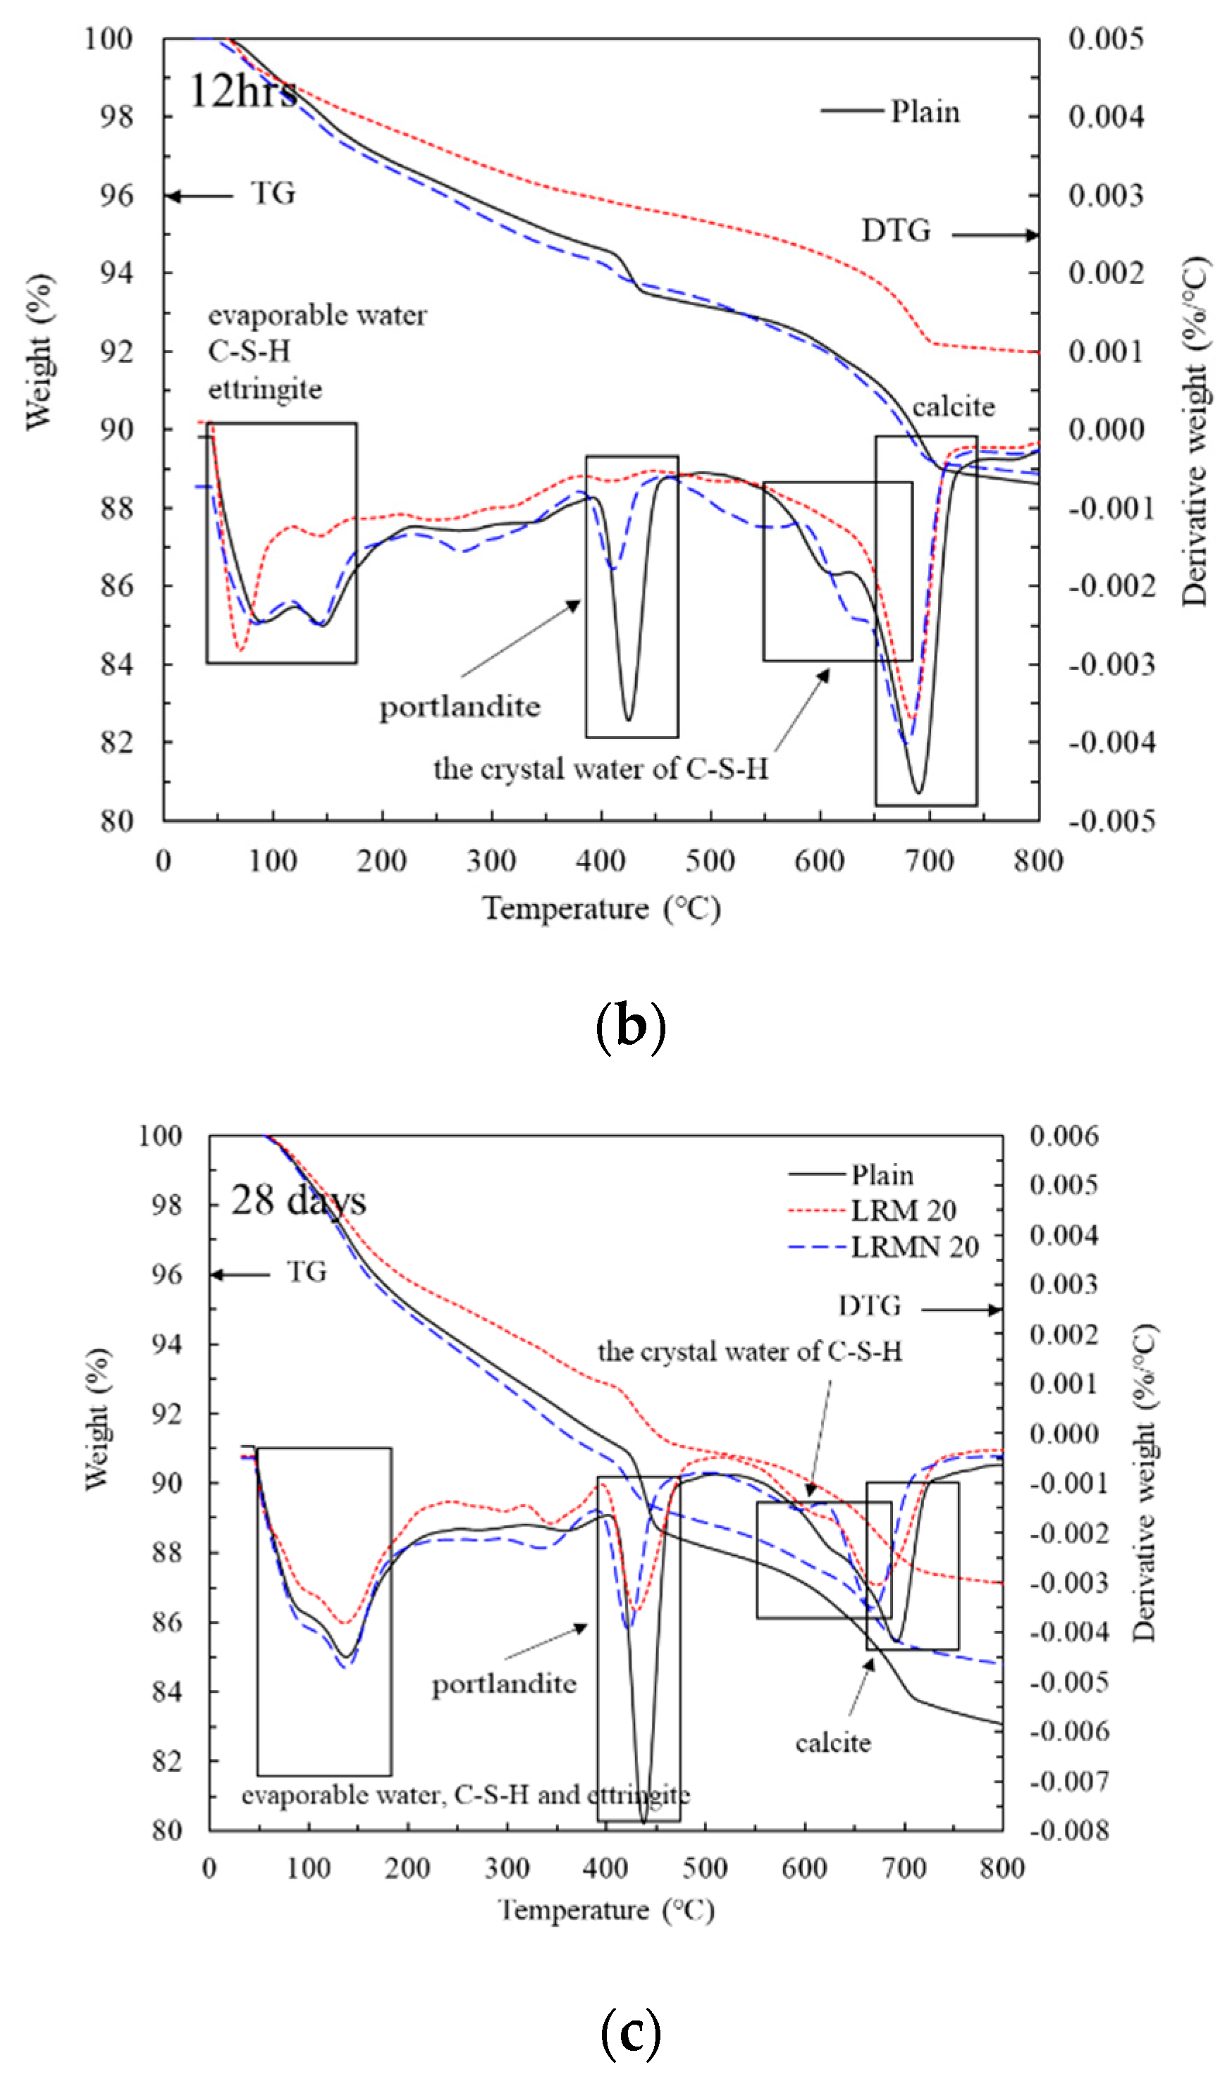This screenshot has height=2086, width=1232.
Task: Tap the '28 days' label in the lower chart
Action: pyautogui.click(x=298, y=1200)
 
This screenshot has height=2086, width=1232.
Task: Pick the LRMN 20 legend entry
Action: pyautogui.click(x=914, y=1246)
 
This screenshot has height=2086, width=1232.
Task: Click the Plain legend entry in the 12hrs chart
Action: pyautogui.click(x=924, y=111)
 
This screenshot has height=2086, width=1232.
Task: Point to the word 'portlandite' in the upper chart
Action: pyautogui.click(x=460, y=707)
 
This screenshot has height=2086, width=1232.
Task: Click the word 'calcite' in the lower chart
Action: pyautogui.click(x=832, y=1742)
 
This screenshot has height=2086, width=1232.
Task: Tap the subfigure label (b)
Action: pyautogui.click(x=631, y=1026)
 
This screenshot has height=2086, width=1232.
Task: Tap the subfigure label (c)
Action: pyautogui.click(x=631, y=2032)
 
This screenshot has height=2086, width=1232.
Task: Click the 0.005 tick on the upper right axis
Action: pyautogui.click(x=1105, y=39)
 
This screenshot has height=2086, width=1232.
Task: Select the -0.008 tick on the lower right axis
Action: pyautogui.click(x=1069, y=1830)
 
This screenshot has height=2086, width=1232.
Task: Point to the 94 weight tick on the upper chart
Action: pyautogui.click(x=116, y=273)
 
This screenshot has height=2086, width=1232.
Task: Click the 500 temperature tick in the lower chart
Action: pyautogui.click(x=705, y=1868)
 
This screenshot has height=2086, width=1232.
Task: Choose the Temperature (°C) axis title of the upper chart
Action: pyautogui.click(x=601, y=909)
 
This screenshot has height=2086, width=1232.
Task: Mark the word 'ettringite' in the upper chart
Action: pyautogui.click(x=265, y=389)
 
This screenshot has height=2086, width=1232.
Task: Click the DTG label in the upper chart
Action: pyautogui.click(x=896, y=230)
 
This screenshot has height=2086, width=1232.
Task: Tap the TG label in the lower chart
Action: pyautogui.click(x=307, y=1272)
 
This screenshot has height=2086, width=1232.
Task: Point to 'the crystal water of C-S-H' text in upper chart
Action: pyautogui.click(x=600, y=769)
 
